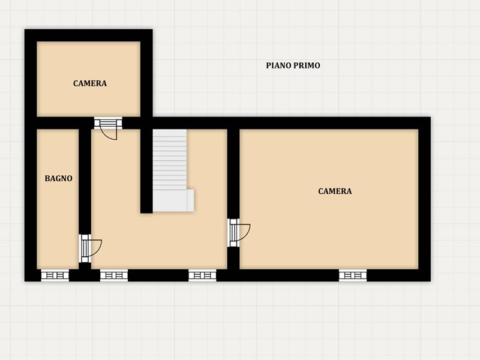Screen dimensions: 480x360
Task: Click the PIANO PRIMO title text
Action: (x=293, y=65)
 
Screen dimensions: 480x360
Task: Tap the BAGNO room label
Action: (x=58, y=178)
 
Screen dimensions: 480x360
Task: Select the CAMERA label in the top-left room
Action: (x=90, y=83)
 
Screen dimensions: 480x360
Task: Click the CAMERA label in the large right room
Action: (x=335, y=191)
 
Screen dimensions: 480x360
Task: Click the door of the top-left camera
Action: (x=108, y=128)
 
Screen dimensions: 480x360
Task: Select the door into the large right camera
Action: (x=239, y=232)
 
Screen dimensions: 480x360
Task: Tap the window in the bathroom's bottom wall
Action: (x=55, y=275)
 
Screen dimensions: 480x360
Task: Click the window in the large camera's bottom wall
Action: (x=353, y=275)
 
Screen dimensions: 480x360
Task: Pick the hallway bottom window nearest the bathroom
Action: (x=114, y=275)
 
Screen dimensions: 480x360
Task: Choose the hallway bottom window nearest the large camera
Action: (x=202, y=275)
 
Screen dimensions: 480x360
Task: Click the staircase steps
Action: (x=170, y=159)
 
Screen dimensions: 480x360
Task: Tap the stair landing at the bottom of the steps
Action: (x=173, y=200)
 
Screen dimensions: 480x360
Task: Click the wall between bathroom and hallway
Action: (x=85, y=181)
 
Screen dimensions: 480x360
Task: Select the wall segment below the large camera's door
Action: (x=233, y=259)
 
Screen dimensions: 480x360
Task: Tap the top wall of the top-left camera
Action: (x=88, y=35)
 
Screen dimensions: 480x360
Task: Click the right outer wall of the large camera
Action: (x=425, y=199)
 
